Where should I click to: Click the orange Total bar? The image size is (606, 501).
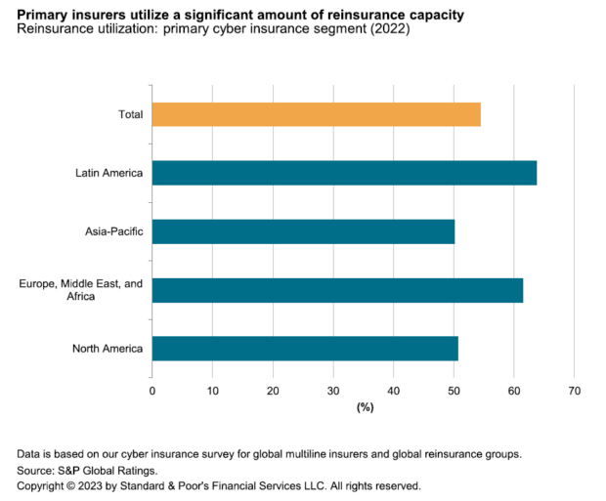[x=316, y=114]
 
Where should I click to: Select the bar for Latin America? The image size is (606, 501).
[x=344, y=173]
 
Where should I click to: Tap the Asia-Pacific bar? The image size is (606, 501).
[x=303, y=231]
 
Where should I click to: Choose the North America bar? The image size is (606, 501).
[x=305, y=349]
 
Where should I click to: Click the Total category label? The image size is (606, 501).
[x=130, y=114]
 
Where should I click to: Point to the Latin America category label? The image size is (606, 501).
[x=109, y=173]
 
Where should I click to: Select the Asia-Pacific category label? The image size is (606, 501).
[x=114, y=231]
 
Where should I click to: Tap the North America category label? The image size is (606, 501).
[x=108, y=349]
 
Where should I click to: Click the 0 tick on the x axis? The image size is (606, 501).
[x=152, y=390]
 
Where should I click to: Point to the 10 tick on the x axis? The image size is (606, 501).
[x=212, y=390]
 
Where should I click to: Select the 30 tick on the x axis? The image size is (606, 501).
[x=333, y=390]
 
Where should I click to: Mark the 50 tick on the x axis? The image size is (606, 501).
[x=454, y=390]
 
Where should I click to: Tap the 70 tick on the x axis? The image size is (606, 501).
[x=574, y=390]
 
